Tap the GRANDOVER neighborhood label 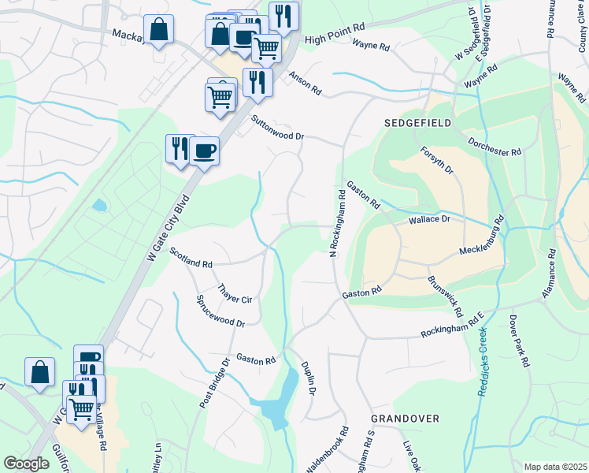pos(406,419)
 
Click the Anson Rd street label pos(306,83)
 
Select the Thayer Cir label pos(235,294)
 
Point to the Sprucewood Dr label pos(220,311)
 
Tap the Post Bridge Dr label pos(214,383)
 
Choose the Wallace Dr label pos(428,220)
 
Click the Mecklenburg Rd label pos(481,240)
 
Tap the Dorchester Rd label pos(495,147)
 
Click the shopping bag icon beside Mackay pos(158,29)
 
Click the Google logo pos(26,464)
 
